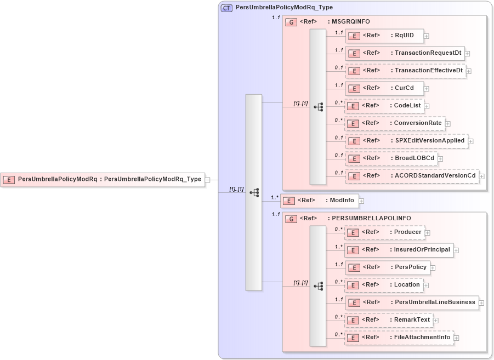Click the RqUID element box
click(384, 36)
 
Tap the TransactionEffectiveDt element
click(405, 71)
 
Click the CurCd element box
click(384, 88)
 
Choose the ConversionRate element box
click(394, 123)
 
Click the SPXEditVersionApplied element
click(406, 141)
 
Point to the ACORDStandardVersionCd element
click(412, 176)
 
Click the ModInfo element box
click(319, 201)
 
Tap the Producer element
click(384, 232)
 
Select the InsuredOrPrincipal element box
click(399, 250)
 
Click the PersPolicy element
click(387, 267)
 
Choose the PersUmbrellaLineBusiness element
click(411, 302)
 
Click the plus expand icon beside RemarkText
click(436, 321)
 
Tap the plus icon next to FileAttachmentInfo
click(456, 338)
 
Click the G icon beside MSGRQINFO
click(292, 22)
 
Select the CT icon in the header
click(226, 8)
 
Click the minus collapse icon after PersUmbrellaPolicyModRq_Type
click(208, 180)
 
